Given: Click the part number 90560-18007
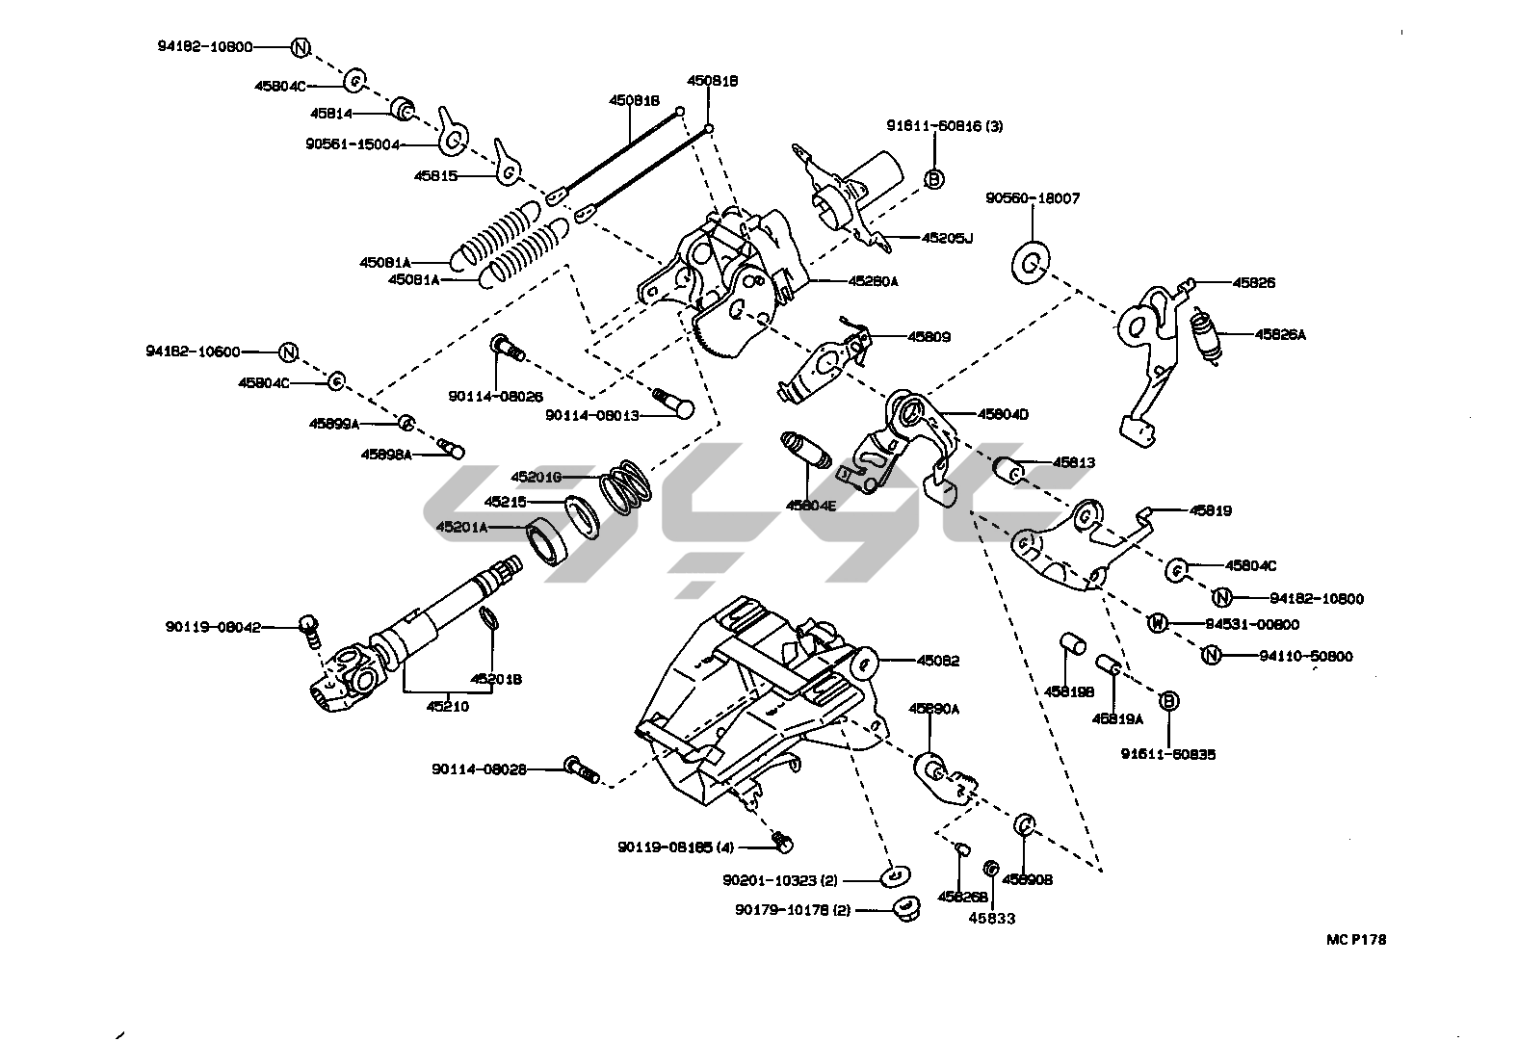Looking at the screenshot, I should point(1032,198).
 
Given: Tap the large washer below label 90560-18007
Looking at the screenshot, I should point(1032,263).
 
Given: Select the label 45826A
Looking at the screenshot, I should point(1279,335).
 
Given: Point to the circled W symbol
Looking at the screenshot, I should point(1158,624).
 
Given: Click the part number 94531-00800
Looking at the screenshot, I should point(1251,624).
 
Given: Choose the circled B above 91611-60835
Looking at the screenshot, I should point(1167,701).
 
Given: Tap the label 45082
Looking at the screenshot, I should point(937,661).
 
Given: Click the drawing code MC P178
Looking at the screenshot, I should point(1354,940).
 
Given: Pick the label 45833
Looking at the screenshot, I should point(991,918).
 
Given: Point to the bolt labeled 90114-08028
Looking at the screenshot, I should point(581,769).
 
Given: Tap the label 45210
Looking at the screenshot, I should point(448,706).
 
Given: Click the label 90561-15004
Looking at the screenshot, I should point(353,144).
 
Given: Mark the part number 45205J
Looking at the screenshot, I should point(947,237).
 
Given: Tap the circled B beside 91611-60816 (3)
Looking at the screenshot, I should point(933,178).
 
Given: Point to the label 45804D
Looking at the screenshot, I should point(1003,414).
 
